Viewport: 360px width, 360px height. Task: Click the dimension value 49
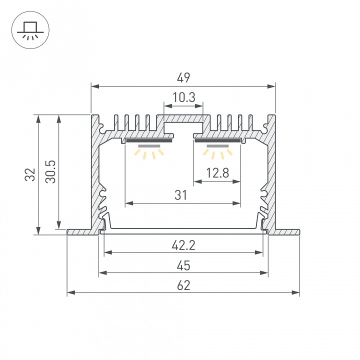coord(183,78)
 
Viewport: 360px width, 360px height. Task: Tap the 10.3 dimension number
coord(183,97)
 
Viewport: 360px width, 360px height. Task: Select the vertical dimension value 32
coord(30,174)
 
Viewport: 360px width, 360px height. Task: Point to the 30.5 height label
coord(50,171)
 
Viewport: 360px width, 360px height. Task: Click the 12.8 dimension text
coord(217,173)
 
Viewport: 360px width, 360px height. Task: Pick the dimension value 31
coord(181,195)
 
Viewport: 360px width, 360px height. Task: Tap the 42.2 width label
coord(183,245)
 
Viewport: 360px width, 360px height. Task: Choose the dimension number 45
coord(183,265)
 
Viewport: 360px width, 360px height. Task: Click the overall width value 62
coord(183,285)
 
